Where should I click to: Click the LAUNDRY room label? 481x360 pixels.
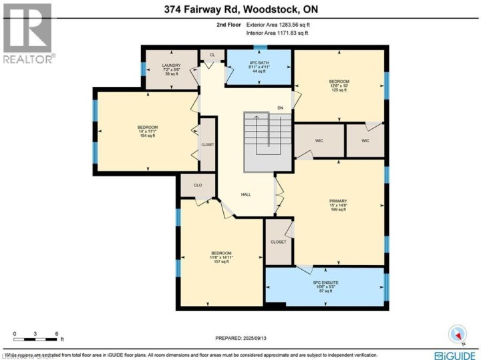172,69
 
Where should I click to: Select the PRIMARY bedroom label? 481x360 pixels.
338,204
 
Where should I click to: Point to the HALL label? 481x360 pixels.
246,194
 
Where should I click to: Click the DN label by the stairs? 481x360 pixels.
281,108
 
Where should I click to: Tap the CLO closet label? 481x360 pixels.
198,185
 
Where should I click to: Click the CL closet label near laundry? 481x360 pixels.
212,55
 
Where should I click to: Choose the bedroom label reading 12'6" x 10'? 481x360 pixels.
339,85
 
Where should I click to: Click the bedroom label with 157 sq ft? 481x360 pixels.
221,257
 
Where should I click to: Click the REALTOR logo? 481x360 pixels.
27,33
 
